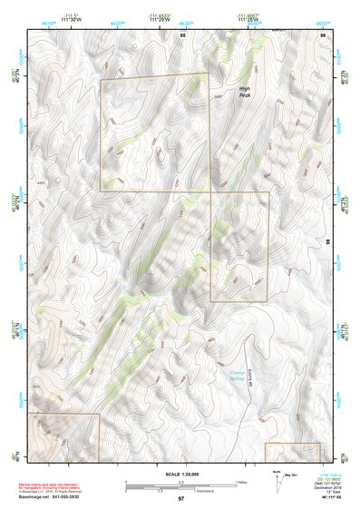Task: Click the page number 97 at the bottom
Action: tap(180, 499)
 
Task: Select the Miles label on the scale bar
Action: tap(241, 481)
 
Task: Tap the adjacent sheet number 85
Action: tap(182, 34)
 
